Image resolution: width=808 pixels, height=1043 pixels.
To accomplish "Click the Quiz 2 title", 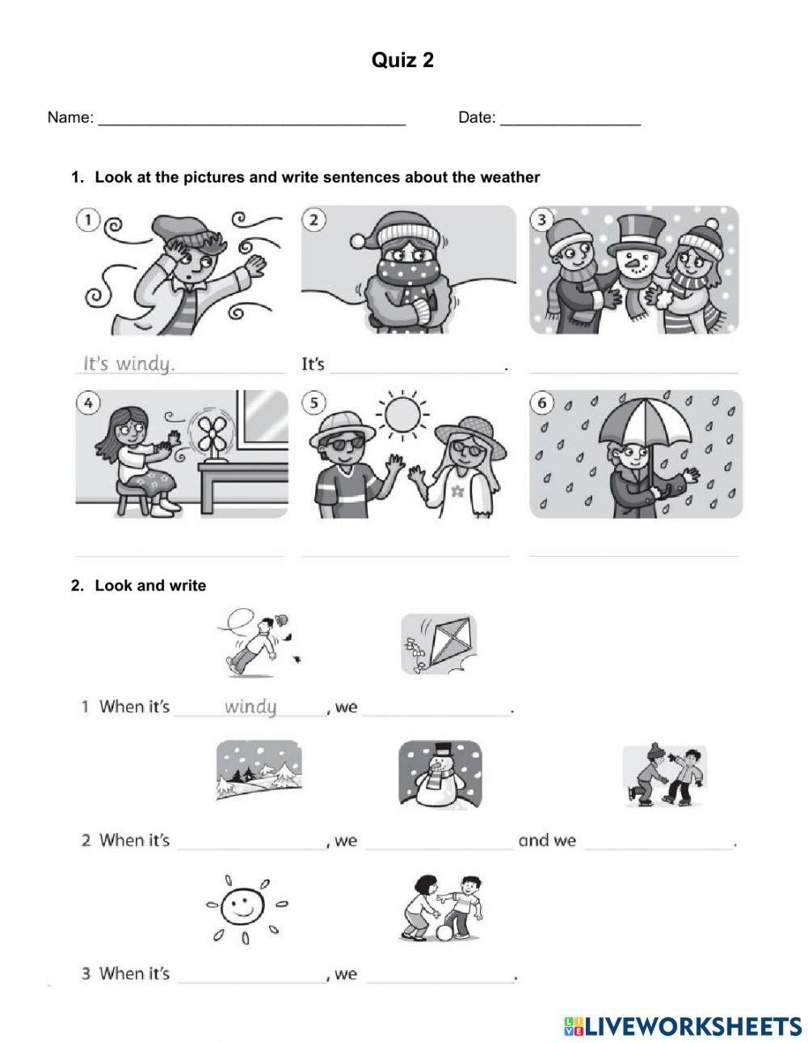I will (x=402, y=60).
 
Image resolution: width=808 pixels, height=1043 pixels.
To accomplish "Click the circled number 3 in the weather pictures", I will (x=542, y=220).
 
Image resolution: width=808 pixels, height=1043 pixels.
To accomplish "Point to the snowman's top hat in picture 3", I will (x=636, y=231).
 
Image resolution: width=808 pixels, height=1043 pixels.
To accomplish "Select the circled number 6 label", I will (x=542, y=403).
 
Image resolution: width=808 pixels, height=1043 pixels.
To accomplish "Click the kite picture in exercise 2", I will (x=439, y=644).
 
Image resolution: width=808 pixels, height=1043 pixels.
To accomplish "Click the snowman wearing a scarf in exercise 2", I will (x=440, y=774).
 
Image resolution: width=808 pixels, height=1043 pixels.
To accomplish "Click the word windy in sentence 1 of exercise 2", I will (x=250, y=707).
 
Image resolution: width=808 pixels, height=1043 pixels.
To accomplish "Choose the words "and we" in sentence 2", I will (x=547, y=840).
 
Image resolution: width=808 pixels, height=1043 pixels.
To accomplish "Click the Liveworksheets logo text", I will (x=683, y=1026).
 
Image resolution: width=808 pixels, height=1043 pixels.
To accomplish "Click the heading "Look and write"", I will (x=150, y=586).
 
